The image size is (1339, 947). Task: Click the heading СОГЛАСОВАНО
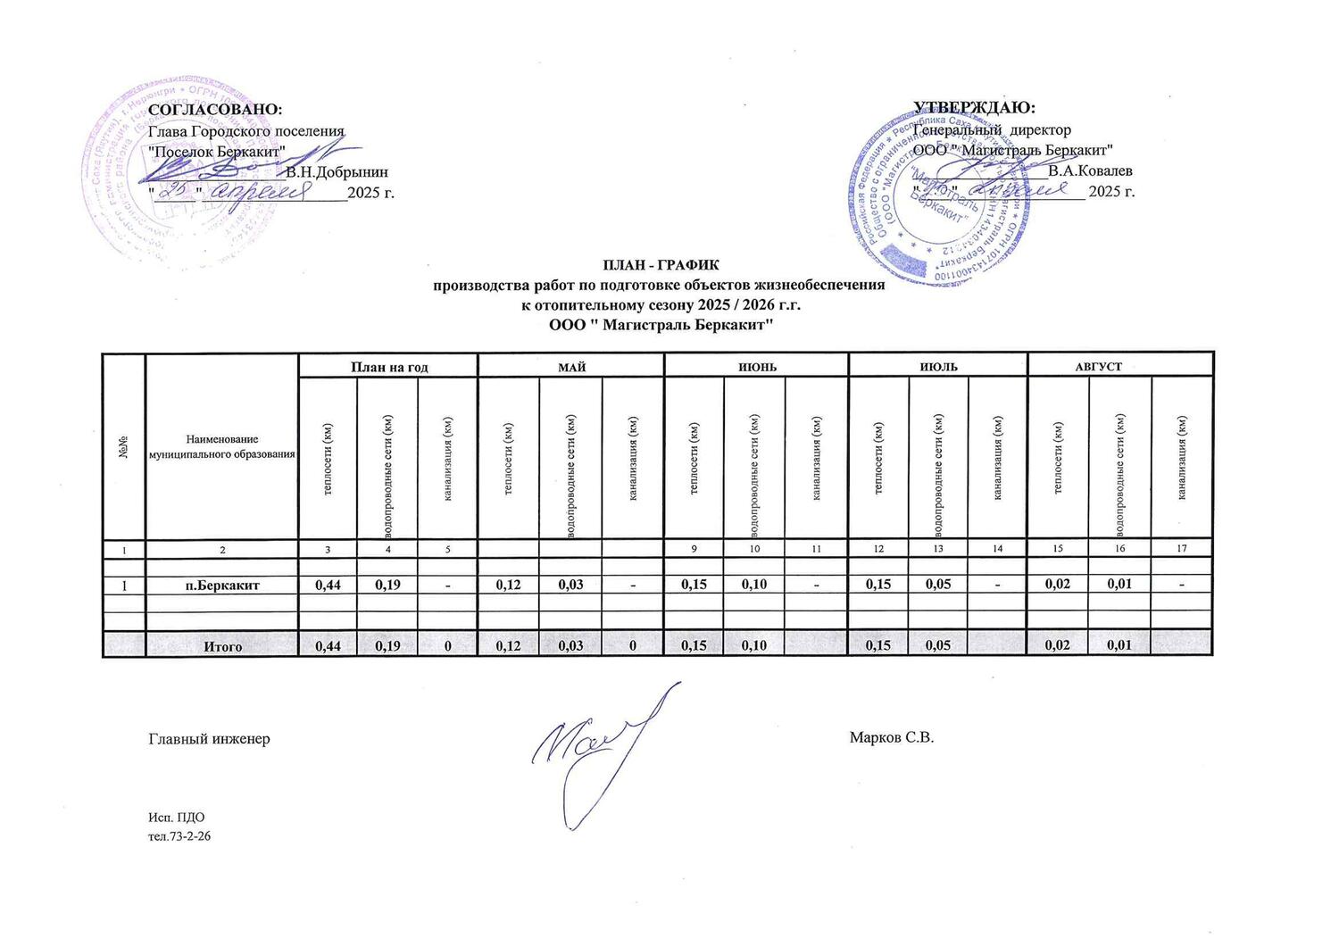214,109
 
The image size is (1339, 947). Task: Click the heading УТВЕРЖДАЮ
974,108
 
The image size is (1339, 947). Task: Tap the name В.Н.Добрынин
337,170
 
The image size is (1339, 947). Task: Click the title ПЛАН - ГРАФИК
660,265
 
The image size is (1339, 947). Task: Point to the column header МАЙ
571,366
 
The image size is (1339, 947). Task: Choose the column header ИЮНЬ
755,366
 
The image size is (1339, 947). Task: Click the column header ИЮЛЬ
938,366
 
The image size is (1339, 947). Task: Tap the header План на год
388,366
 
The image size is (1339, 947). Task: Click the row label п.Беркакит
221,586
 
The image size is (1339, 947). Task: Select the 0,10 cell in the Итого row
753,646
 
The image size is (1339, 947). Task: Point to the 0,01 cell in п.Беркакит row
1119,586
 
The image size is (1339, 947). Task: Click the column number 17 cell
1182,548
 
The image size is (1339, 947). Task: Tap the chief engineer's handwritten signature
603,745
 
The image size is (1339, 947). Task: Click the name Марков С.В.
891,738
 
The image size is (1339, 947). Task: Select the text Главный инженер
209,739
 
